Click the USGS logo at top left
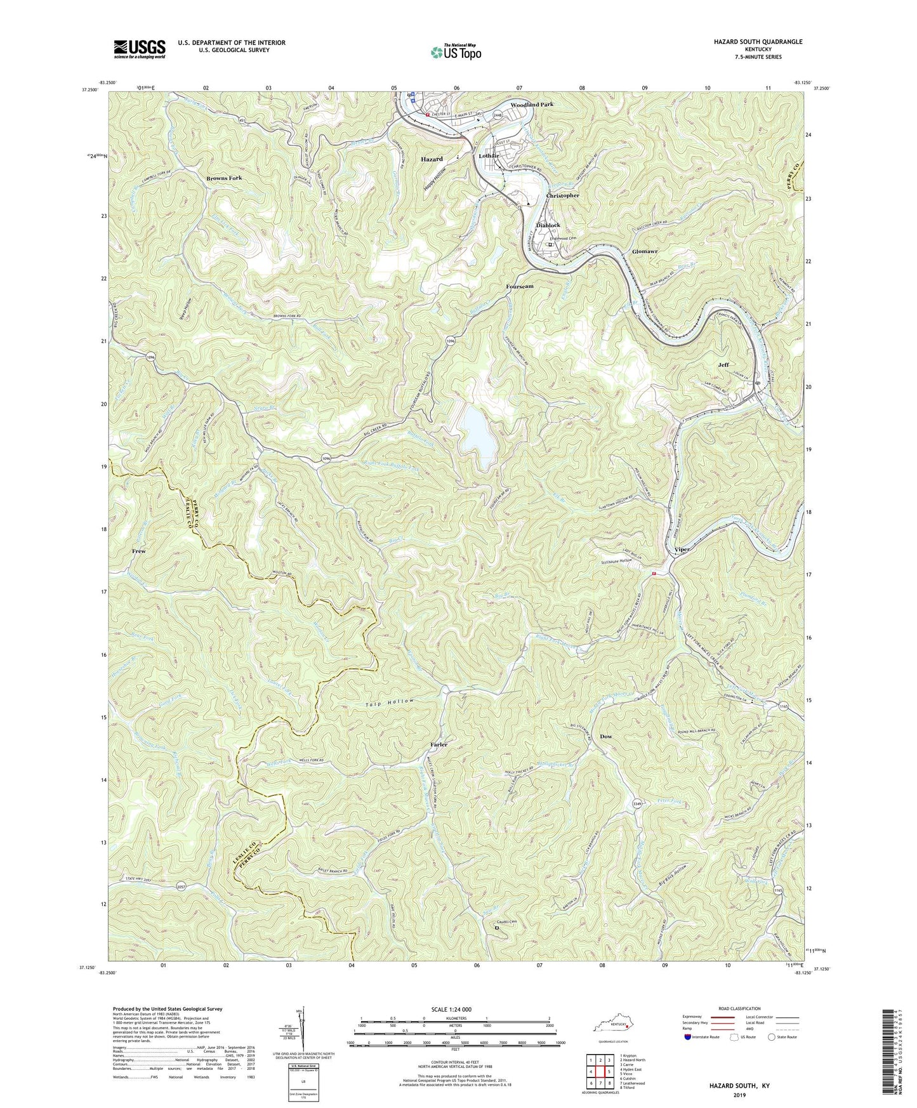(x=140, y=49)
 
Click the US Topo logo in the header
(x=455, y=52)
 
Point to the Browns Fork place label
(x=224, y=178)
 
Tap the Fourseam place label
(x=520, y=286)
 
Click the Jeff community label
(x=723, y=365)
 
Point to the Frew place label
(x=139, y=551)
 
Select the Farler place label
(x=439, y=744)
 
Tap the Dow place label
(x=606, y=736)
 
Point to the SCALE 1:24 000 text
(x=456, y=1009)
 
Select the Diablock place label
(x=548, y=225)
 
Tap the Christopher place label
(x=563, y=195)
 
